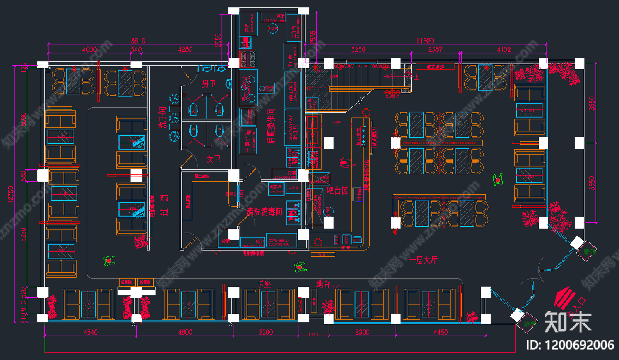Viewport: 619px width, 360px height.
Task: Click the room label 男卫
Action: pyautogui.click(x=209, y=84)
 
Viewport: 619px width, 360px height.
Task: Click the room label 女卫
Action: pyautogui.click(x=213, y=159)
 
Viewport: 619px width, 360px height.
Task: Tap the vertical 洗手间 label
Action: pyautogui.click(x=162, y=118)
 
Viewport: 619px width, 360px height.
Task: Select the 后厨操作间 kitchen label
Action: pyautogui.click(x=271, y=126)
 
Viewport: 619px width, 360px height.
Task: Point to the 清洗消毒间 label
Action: pyautogui.click(x=265, y=212)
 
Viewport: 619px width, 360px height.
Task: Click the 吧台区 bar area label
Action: pyautogui.click(x=337, y=190)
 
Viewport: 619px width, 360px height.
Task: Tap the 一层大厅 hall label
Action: pyautogui.click(x=423, y=260)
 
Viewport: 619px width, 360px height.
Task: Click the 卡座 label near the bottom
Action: pyautogui.click(x=264, y=284)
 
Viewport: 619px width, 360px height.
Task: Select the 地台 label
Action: pyautogui.click(x=323, y=284)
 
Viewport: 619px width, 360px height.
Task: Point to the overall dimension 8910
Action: pyautogui.click(x=138, y=41)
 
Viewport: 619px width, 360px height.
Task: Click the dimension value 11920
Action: pyautogui.click(x=425, y=41)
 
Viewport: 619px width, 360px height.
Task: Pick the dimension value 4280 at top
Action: pyautogui.click(x=185, y=49)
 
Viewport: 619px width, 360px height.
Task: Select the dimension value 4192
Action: pyautogui.click(x=504, y=49)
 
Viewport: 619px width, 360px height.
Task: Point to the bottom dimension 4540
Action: pyautogui.click(x=91, y=332)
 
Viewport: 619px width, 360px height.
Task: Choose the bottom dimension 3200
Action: pyautogui.click(x=266, y=332)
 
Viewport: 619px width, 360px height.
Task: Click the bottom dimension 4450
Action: pyautogui.click(x=441, y=332)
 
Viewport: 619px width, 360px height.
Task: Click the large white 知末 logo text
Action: pyautogui.click(x=568, y=321)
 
